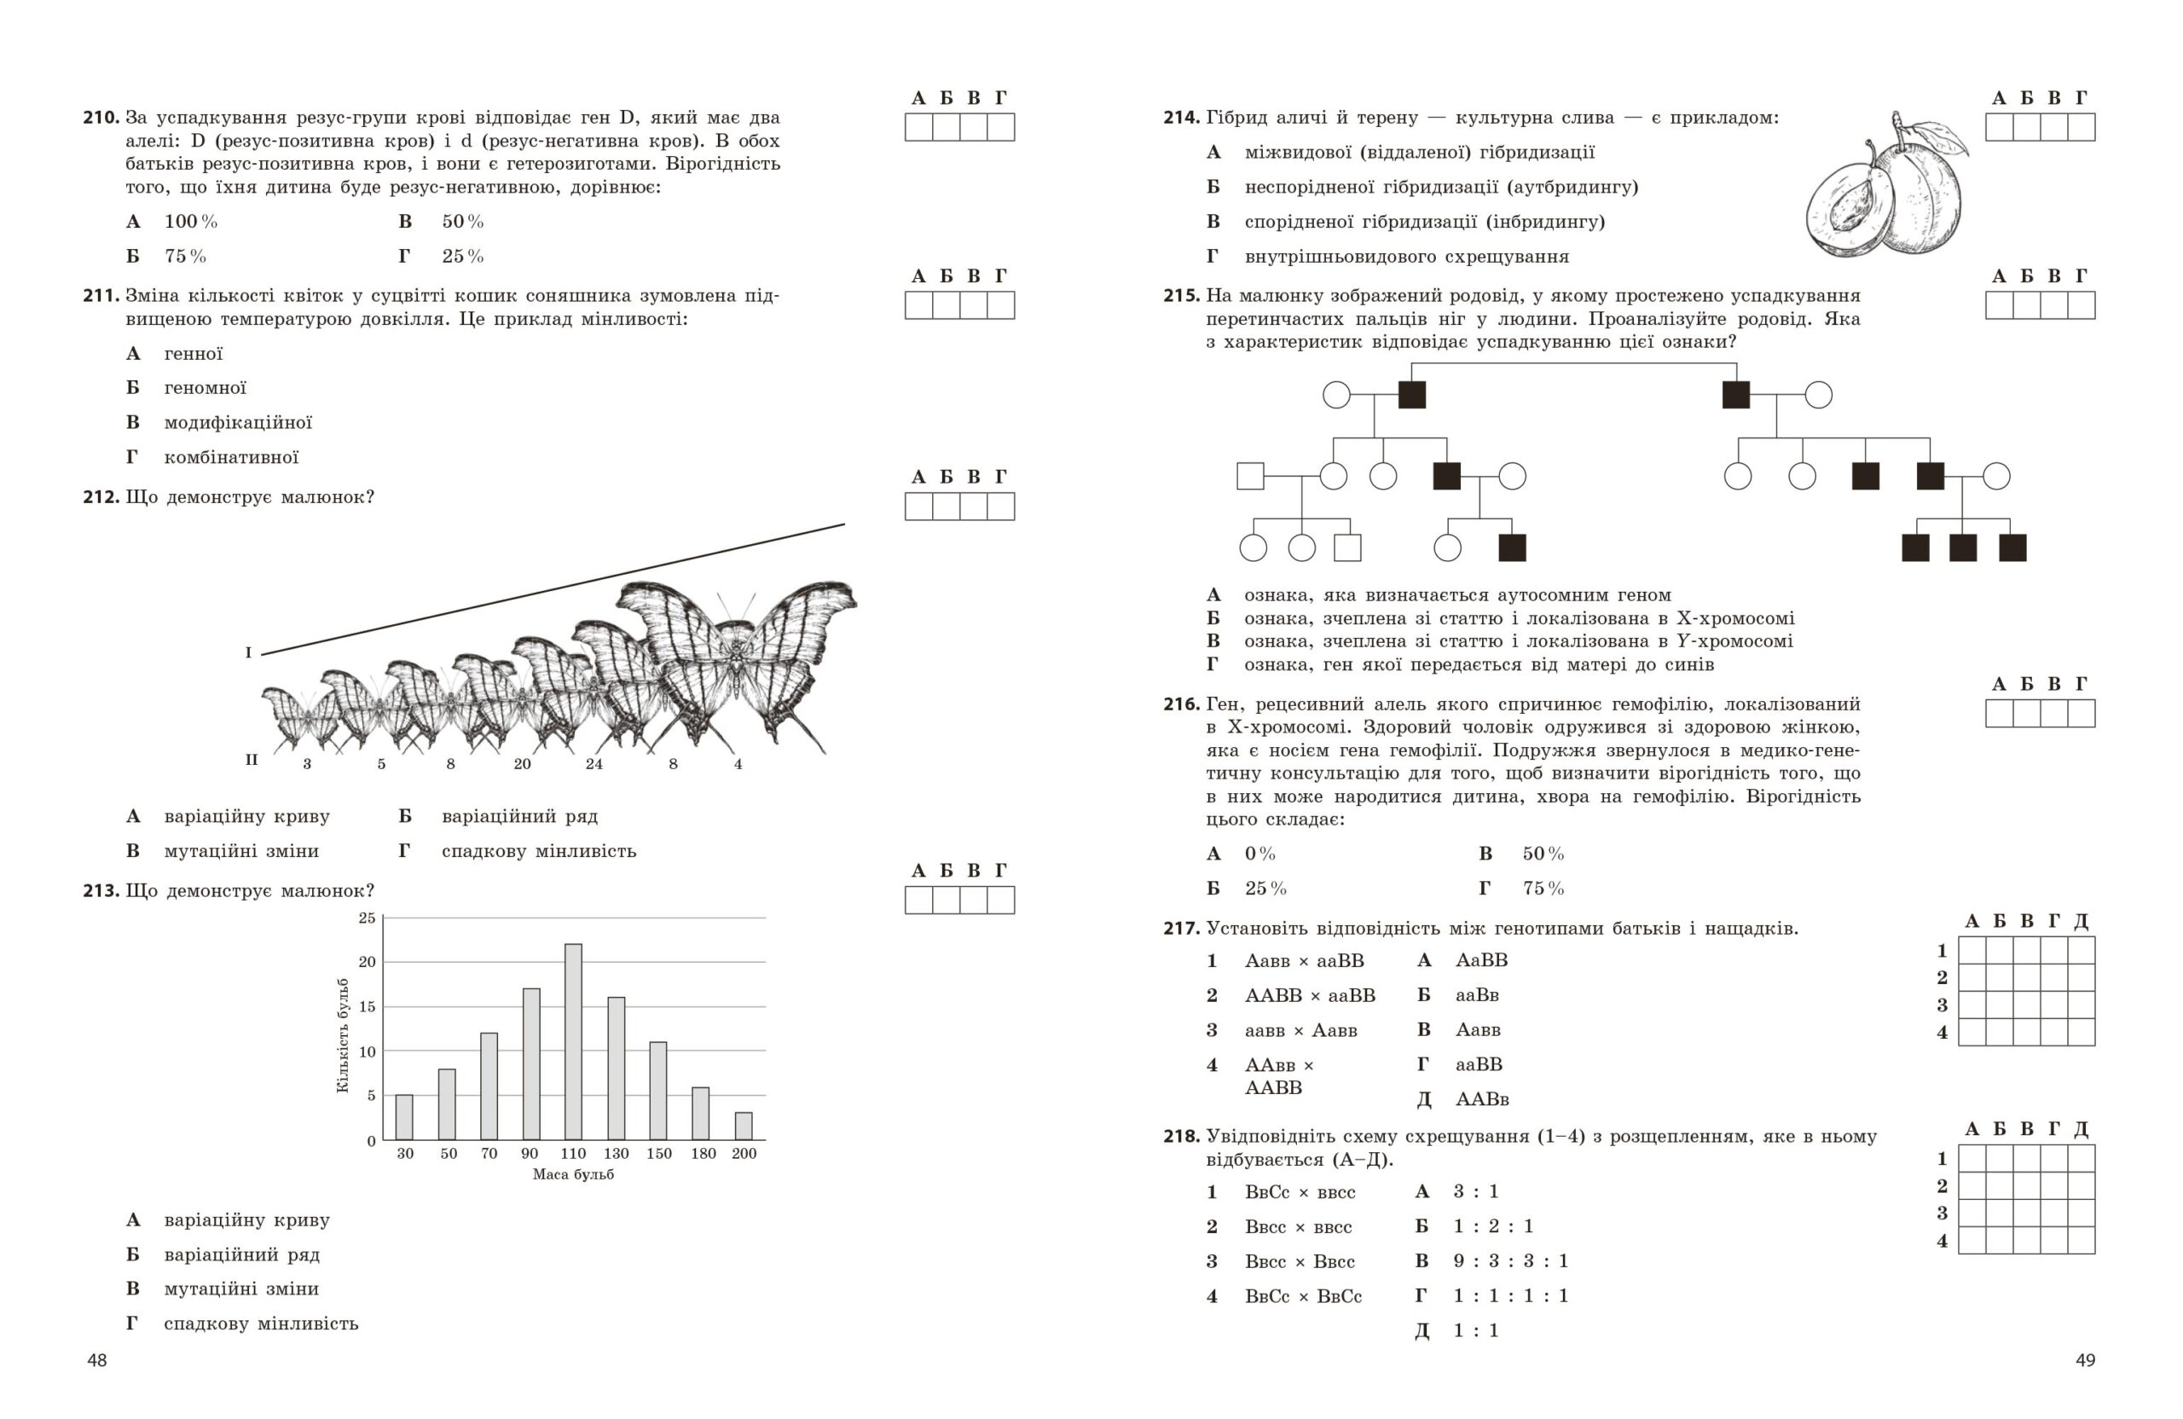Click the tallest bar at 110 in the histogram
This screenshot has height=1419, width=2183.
click(573, 1041)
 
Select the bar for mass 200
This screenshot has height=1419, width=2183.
click(744, 1126)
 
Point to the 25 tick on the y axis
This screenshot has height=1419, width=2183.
click(367, 918)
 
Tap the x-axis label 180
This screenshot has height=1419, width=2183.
click(704, 1154)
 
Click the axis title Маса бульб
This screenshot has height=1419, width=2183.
click(573, 1174)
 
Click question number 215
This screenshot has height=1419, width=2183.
click(1181, 295)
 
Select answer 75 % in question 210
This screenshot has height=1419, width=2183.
click(185, 256)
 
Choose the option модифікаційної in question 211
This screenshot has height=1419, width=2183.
click(238, 423)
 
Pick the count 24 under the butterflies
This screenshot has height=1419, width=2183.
click(594, 764)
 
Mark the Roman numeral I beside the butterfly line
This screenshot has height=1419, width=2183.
click(247, 653)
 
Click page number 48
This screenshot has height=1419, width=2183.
click(97, 1360)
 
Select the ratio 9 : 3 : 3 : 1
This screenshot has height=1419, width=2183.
click(1511, 1261)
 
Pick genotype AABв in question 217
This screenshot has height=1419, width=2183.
click(1482, 1099)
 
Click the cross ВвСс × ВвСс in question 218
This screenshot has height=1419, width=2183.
click(1303, 1297)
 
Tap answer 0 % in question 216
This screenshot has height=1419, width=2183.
click(1260, 854)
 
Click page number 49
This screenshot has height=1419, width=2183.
click(2085, 1360)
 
